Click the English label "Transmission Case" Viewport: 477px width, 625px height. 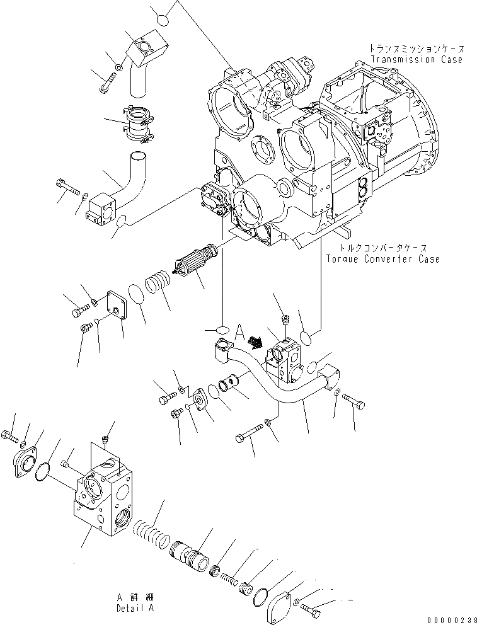click(417, 60)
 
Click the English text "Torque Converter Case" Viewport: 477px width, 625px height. click(382, 260)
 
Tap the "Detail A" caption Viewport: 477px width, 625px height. click(134, 609)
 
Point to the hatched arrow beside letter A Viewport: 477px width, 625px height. click(255, 341)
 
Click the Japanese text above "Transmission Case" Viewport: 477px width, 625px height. click(417, 49)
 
